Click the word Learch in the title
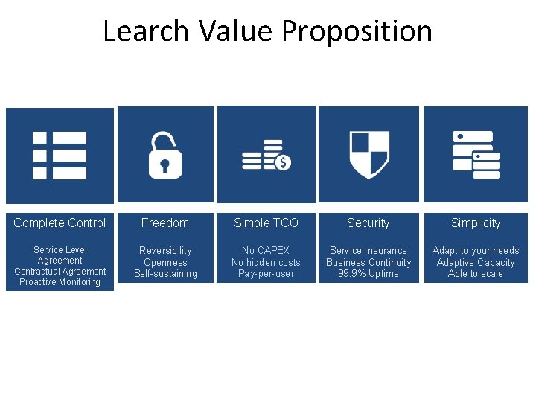point(146,31)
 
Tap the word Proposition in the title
point(357,31)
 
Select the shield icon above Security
point(369,154)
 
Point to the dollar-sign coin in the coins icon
point(283,162)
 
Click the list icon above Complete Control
point(60,155)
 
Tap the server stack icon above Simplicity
point(476,154)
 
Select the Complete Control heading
point(60,223)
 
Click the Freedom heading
point(165,223)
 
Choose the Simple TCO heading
point(266,223)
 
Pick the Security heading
point(368,223)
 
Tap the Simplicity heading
point(476,223)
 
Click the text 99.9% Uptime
point(368,273)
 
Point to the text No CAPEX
point(266,250)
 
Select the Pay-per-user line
point(266,273)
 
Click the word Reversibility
point(165,250)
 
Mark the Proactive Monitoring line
point(60,282)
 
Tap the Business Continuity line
point(368,262)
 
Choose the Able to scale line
point(476,273)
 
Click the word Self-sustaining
point(165,273)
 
